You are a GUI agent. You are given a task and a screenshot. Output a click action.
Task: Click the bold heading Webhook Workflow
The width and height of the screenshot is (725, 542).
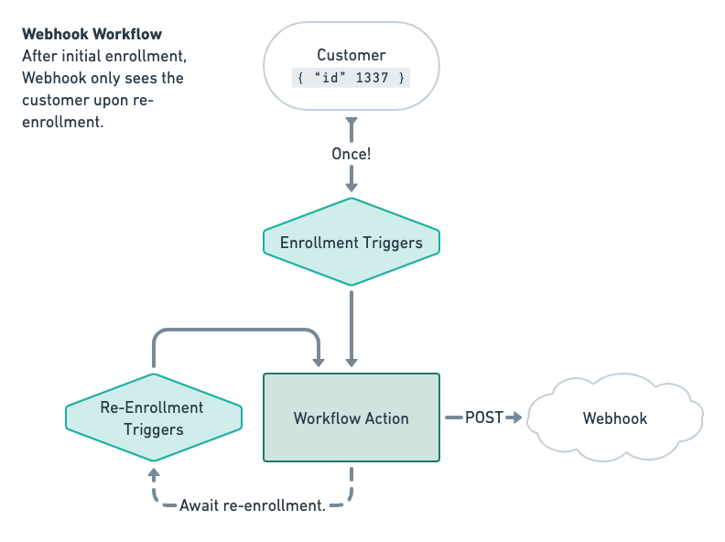pyautogui.click(x=92, y=34)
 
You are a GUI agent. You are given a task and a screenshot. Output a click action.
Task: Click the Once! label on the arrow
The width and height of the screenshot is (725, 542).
pyautogui.click(x=352, y=154)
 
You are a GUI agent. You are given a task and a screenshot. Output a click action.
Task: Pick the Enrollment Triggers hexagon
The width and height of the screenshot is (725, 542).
pyautogui.click(x=352, y=243)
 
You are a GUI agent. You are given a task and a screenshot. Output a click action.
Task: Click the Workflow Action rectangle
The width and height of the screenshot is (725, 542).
pyautogui.click(x=352, y=417)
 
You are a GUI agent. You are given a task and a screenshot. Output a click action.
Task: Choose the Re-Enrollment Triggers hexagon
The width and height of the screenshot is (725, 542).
pyautogui.click(x=154, y=418)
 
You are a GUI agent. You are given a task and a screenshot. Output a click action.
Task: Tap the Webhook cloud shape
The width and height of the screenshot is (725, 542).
pyautogui.click(x=615, y=417)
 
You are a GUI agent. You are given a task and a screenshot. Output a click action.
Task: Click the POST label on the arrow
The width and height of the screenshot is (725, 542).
pyautogui.click(x=484, y=417)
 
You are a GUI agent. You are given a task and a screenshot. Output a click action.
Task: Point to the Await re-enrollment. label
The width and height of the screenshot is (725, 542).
pyautogui.click(x=253, y=505)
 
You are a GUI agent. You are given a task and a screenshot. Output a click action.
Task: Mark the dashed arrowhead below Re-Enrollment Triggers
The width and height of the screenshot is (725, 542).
pyautogui.click(x=154, y=474)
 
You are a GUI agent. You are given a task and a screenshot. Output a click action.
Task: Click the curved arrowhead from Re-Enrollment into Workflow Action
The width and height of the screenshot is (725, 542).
pyautogui.click(x=319, y=360)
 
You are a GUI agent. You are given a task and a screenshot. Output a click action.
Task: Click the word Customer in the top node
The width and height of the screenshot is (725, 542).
pyautogui.click(x=351, y=55)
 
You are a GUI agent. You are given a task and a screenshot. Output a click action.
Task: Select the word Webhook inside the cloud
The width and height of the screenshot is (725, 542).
pyautogui.click(x=615, y=418)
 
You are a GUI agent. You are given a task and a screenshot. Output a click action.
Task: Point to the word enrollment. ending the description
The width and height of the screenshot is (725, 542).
pyautogui.click(x=63, y=122)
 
